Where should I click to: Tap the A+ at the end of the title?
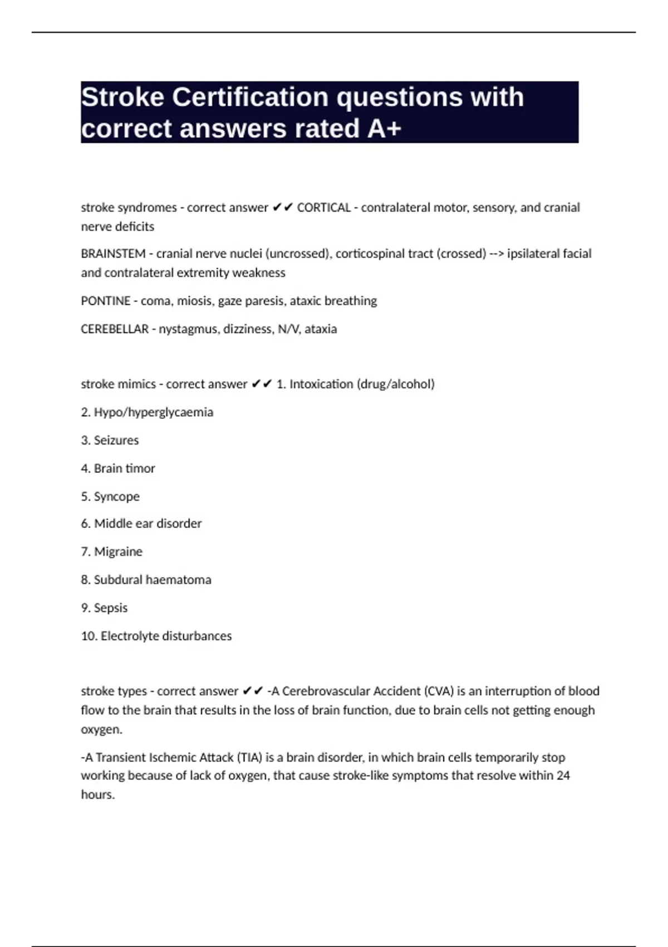tap(384, 129)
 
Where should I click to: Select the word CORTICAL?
tap(323, 208)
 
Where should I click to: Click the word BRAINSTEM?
tap(113, 254)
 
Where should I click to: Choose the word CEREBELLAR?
tap(114, 329)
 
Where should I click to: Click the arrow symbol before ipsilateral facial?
tap(497, 254)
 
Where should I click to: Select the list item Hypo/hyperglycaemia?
tap(153, 412)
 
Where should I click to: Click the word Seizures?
tap(116, 441)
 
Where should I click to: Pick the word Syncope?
tap(116, 496)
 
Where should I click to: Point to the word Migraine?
tap(118, 552)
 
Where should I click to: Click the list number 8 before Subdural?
tap(85, 580)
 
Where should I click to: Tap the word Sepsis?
tap(110, 608)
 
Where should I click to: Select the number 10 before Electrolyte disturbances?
tap(88, 636)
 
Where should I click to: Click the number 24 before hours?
tap(563, 775)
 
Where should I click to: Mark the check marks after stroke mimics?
tap(261, 384)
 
